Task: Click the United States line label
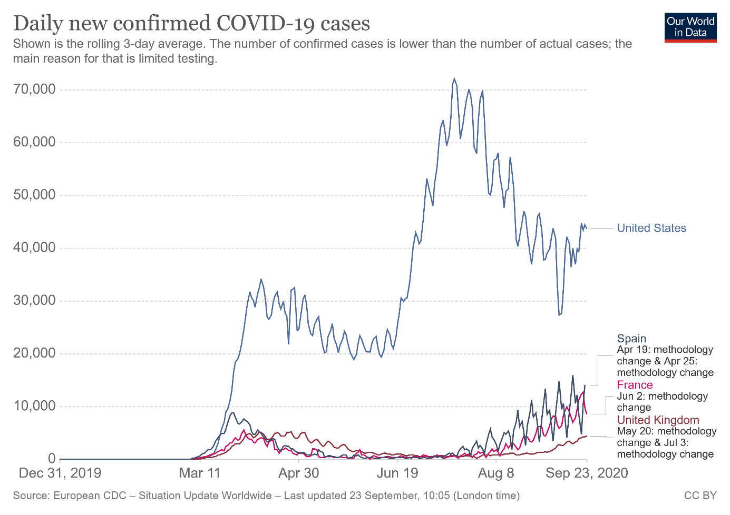pyautogui.click(x=651, y=228)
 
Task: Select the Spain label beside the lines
pyautogui.click(x=631, y=339)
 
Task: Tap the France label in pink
pyautogui.click(x=635, y=385)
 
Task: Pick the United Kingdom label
pyautogui.click(x=658, y=420)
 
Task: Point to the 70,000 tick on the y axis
pyautogui.click(x=34, y=90)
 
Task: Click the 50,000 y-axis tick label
pyautogui.click(x=34, y=195)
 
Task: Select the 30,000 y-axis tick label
pyautogui.click(x=34, y=301)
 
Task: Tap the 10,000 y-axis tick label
pyautogui.click(x=34, y=406)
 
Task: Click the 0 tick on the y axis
pyautogui.click(x=52, y=459)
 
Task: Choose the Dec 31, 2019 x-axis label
pyautogui.click(x=60, y=473)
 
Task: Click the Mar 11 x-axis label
pyautogui.click(x=200, y=473)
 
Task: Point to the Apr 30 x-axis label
pyautogui.click(x=299, y=473)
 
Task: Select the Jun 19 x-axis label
pyautogui.click(x=397, y=473)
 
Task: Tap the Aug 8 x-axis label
pyautogui.click(x=496, y=473)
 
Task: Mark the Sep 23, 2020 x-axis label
pyautogui.click(x=587, y=473)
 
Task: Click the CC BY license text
pyautogui.click(x=700, y=496)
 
